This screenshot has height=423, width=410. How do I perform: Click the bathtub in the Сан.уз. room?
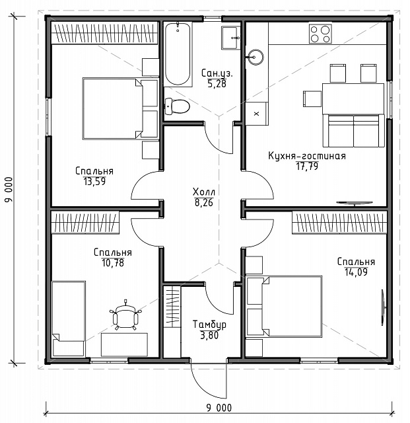178,54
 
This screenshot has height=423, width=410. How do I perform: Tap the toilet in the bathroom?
177,106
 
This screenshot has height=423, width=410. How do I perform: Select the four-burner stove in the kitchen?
320,34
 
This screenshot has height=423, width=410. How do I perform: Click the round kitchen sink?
255,58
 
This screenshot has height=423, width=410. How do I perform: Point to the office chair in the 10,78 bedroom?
125,316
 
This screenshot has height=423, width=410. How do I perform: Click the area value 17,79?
307,166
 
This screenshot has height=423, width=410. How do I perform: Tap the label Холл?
204,192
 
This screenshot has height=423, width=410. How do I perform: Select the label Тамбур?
209,325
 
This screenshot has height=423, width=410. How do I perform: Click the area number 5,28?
217,84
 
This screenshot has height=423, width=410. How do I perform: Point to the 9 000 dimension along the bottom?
219,408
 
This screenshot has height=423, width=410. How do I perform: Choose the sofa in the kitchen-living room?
354,131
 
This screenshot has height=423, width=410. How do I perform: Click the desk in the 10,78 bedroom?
124,344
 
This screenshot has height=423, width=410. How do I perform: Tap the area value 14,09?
356,272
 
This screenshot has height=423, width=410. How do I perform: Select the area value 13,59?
94,182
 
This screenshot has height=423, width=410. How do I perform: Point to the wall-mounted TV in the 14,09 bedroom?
383,307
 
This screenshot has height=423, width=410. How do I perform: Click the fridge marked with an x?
256,114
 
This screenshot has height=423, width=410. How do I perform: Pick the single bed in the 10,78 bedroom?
69,319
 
